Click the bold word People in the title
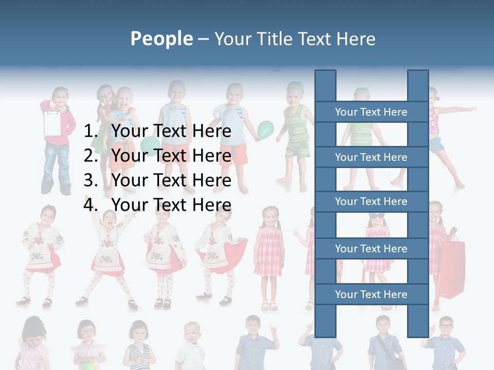162,39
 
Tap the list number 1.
91,132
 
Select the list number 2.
91,156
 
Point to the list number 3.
91,180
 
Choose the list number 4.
91,205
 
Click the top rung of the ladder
371,112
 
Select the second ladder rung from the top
371,157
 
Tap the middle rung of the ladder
371,201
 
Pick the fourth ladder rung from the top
371,249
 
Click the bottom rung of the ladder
371,294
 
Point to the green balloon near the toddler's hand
266,129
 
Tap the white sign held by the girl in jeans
52,122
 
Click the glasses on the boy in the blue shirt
446,326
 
